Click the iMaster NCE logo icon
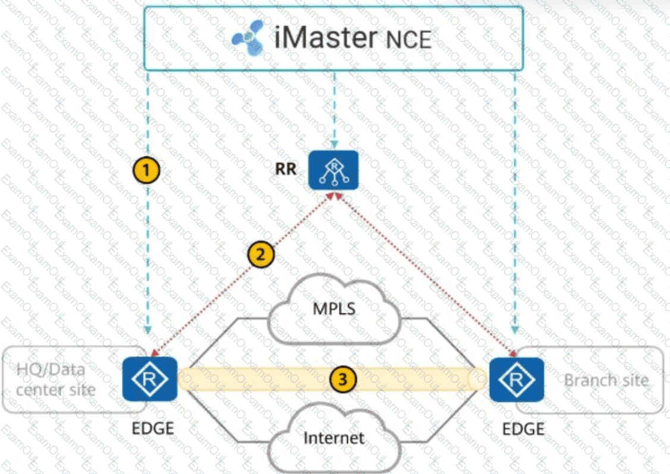click(248, 37)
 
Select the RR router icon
click(334, 170)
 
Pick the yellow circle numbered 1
click(146, 171)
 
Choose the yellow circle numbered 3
click(344, 378)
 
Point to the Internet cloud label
click(334, 438)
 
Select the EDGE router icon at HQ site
click(150, 379)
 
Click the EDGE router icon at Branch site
click(516, 379)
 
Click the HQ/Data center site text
click(55, 379)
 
